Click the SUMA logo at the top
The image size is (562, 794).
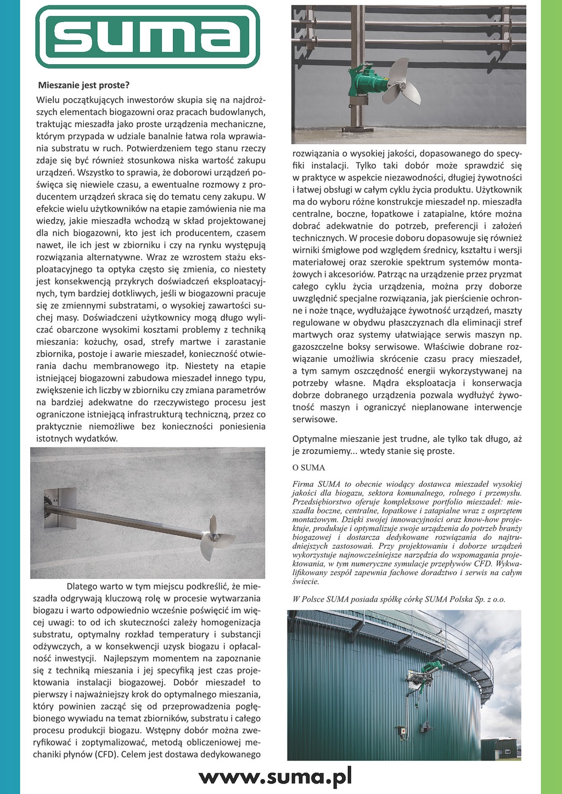pyautogui.click(x=147, y=36)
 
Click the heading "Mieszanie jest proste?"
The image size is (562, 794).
pyautogui.click(x=83, y=86)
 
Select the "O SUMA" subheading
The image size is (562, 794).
pyautogui.click(x=309, y=468)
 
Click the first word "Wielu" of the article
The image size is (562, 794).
pyautogui.click(x=48, y=100)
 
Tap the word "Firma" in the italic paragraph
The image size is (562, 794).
pyautogui.click(x=304, y=484)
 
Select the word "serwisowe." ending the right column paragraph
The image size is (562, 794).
pyautogui.click(x=314, y=419)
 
